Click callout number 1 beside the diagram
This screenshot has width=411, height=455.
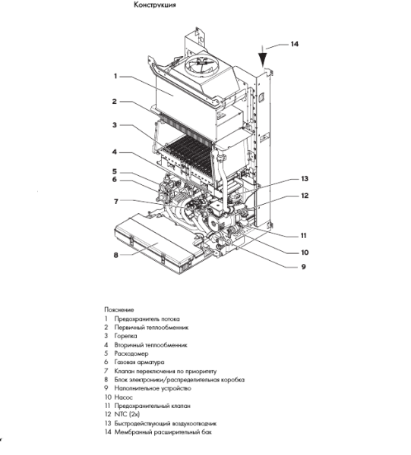point(115,75)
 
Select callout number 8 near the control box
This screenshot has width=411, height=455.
point(116,255)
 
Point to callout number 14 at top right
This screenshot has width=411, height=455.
point(294,44)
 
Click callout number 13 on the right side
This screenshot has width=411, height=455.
point(304,179)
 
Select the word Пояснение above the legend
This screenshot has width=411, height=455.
point(120,310)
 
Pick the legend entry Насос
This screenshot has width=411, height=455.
point(123,396)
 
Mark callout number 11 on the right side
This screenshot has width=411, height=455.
point(303,235)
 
